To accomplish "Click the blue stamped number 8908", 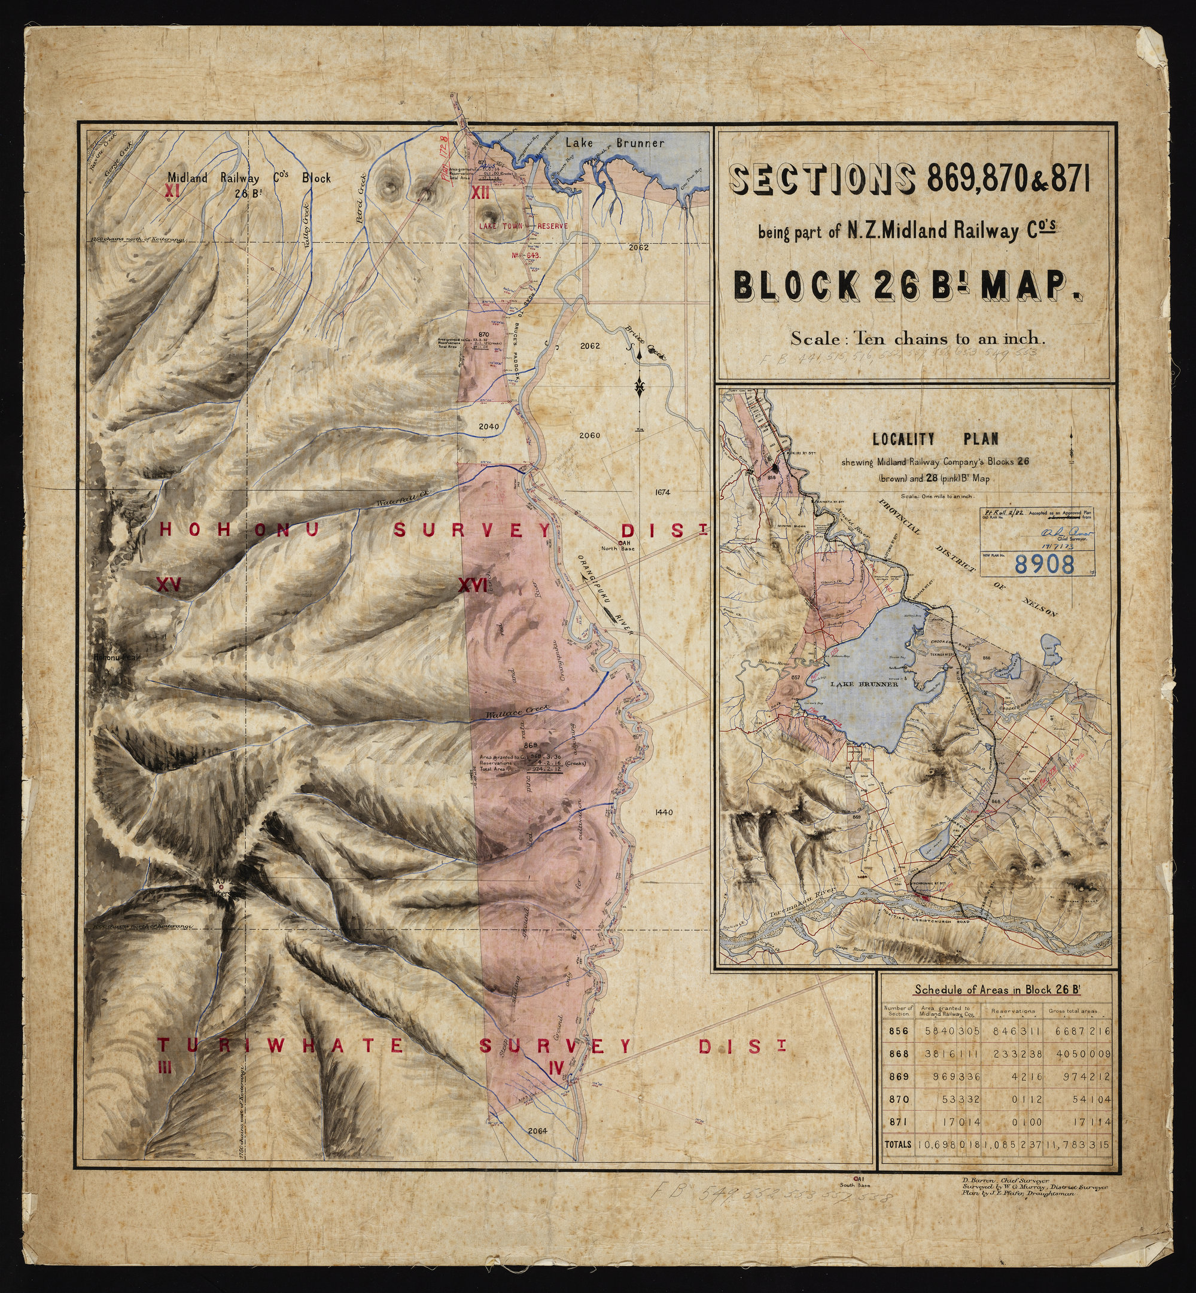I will (x=1045, y=563).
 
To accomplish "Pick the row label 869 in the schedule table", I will (x=898, y=1077).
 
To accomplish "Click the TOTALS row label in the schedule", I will (x=897, y=1144).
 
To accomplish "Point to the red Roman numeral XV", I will (x=168, y=585).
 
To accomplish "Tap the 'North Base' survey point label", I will (x=618, y=548).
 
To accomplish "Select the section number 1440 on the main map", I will (x=664, y=812).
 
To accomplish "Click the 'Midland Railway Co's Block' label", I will (x=249, y=178).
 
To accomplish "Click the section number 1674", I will (x=662, y=492).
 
